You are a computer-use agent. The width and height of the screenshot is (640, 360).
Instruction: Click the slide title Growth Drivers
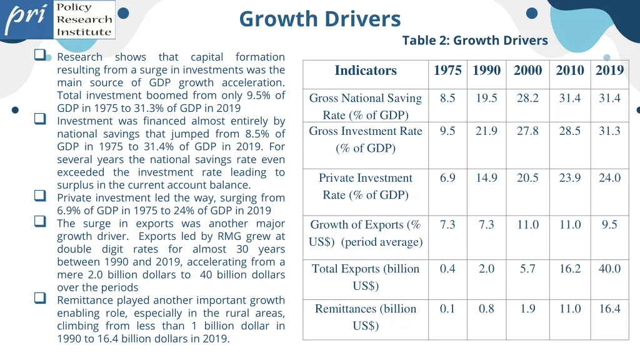point(319,19)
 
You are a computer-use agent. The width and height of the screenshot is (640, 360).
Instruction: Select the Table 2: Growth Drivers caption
point(474,41)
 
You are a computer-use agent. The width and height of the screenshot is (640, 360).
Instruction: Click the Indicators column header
point(366,71)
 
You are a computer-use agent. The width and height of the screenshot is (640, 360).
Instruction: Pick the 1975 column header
point(447,71)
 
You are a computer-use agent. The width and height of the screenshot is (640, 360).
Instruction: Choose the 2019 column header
point(609,71)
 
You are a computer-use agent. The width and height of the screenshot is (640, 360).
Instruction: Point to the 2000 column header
point(527,71)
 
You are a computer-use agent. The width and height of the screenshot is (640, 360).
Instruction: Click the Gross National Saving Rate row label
point(366,106)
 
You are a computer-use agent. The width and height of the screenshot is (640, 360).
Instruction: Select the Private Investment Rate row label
point(366,186)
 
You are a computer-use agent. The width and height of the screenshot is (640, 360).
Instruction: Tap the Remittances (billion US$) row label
point(366,317)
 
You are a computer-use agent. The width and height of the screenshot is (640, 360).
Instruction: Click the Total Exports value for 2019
point(609,269)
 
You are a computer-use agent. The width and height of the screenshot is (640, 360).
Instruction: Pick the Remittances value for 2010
point(569,309)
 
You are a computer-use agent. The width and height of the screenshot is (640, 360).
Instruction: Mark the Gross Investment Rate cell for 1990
point(486,131)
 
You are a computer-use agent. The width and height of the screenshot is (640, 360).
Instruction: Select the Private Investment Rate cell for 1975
point(447,178)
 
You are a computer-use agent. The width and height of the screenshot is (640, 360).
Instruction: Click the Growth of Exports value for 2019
point(609,224)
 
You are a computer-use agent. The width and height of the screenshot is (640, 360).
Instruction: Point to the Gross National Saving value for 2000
point(527,98)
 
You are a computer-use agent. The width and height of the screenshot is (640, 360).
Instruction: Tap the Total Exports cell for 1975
point(447,269)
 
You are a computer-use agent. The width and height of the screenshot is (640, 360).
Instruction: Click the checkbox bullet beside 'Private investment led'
point(41,196)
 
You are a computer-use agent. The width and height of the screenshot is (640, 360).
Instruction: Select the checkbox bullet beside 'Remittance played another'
point(41,299)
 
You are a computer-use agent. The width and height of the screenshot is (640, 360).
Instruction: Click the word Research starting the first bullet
point(80,57)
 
